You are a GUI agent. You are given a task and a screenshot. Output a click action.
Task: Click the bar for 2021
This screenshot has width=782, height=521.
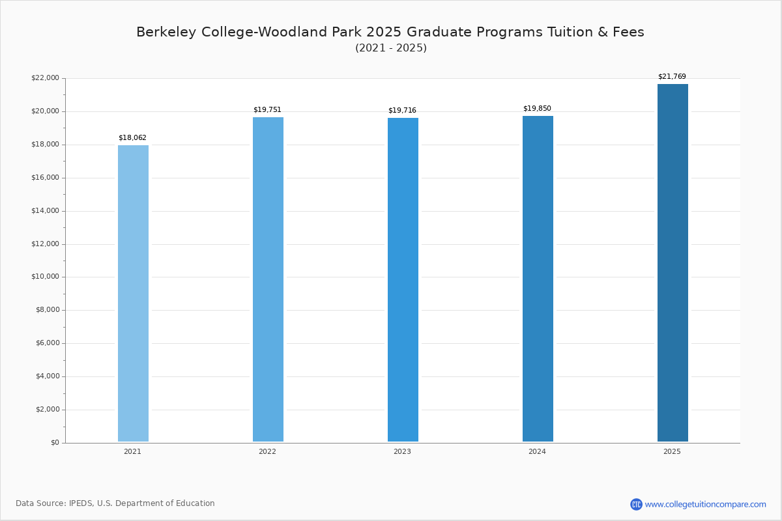[133, 293]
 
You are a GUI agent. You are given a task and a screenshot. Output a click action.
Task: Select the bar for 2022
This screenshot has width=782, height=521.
[268, 280]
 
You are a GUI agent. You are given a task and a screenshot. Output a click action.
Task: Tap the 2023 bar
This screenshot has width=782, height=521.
[403, 280]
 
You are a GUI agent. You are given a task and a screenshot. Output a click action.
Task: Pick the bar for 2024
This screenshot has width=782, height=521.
[538, 280]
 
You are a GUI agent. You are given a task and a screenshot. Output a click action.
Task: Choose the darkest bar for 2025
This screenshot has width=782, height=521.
[673, 264]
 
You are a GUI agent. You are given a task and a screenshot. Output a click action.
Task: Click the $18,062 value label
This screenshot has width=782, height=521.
[132, 138]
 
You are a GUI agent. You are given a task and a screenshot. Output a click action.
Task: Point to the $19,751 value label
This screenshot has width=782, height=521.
[267, 110]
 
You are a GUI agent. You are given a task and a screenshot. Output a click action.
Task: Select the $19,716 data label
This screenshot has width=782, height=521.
[402, 111]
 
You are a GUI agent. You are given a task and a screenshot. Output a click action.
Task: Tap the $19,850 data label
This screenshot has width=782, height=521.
[537, 109]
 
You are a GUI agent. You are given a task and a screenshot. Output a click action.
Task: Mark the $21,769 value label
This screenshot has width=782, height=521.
[672, 77]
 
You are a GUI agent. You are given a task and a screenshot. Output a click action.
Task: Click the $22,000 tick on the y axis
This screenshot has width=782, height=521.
[45, 78]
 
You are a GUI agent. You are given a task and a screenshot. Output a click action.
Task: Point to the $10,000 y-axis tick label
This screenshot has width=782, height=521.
[45, 277]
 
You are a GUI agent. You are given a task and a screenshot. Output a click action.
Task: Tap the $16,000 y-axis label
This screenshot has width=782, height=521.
[45, 178]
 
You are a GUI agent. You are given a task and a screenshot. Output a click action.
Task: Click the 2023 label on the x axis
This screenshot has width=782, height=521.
[402, 452]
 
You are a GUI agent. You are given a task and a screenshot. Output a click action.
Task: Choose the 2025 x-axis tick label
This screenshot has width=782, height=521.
[672, 452]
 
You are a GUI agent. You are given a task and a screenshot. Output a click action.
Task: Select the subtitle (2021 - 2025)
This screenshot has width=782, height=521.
[391, 48]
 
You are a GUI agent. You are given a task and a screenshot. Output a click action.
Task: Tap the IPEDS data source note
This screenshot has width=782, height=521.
[115, 503]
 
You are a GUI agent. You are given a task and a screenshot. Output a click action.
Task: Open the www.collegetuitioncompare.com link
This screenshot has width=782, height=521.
[705, 505]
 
